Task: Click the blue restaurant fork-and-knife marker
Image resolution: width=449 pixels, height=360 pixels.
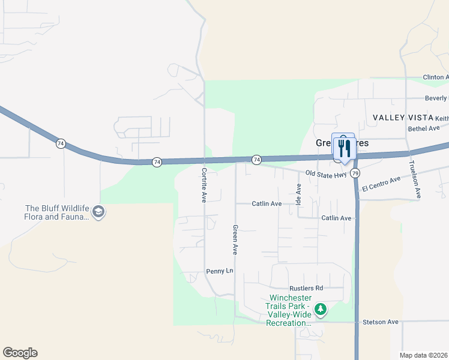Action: (343, 148)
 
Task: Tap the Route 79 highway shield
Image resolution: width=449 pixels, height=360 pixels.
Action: (356, 173)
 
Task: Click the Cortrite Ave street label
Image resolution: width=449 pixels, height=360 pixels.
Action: (203, 185)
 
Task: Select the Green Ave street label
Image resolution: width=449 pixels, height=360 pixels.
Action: (235, 240)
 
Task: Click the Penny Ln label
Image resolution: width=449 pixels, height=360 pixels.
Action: (219, 271)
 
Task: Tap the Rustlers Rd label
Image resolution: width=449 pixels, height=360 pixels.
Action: (306, 288)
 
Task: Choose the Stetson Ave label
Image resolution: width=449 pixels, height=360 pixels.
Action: (381, 322)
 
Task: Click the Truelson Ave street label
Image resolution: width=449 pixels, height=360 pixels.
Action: (413, 179)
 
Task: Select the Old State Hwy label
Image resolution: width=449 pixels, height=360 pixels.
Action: (325, 173)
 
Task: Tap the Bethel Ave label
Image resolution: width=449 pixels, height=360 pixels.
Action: (424, 128)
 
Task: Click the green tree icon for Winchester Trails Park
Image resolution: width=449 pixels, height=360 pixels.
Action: (321, 310)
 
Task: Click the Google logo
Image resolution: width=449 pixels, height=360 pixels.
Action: (20, 352)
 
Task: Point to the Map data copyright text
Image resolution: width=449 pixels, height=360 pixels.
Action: (424, 355)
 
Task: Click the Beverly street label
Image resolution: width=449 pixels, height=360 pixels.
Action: (436, 98)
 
